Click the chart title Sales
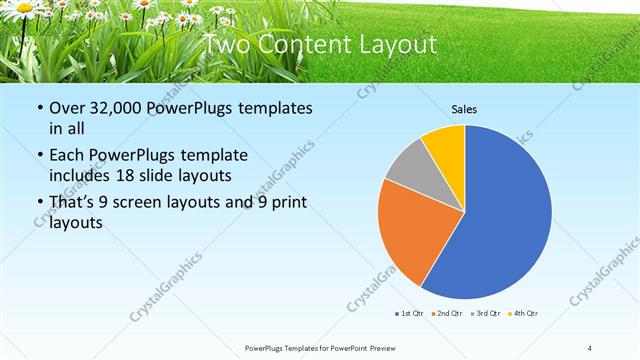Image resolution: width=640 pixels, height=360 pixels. coord(465,110)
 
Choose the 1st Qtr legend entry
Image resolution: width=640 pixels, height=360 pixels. coord(407,314)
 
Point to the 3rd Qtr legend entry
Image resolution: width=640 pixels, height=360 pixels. coord(486,314)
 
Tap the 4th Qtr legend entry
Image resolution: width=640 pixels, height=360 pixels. coord(525,314)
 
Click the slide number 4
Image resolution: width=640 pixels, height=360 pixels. coord(590,347)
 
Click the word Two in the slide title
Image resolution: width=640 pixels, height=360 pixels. coord(226,45)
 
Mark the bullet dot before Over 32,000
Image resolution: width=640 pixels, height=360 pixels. coord(38,108)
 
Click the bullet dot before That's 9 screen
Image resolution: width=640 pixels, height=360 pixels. coord(38,203)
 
